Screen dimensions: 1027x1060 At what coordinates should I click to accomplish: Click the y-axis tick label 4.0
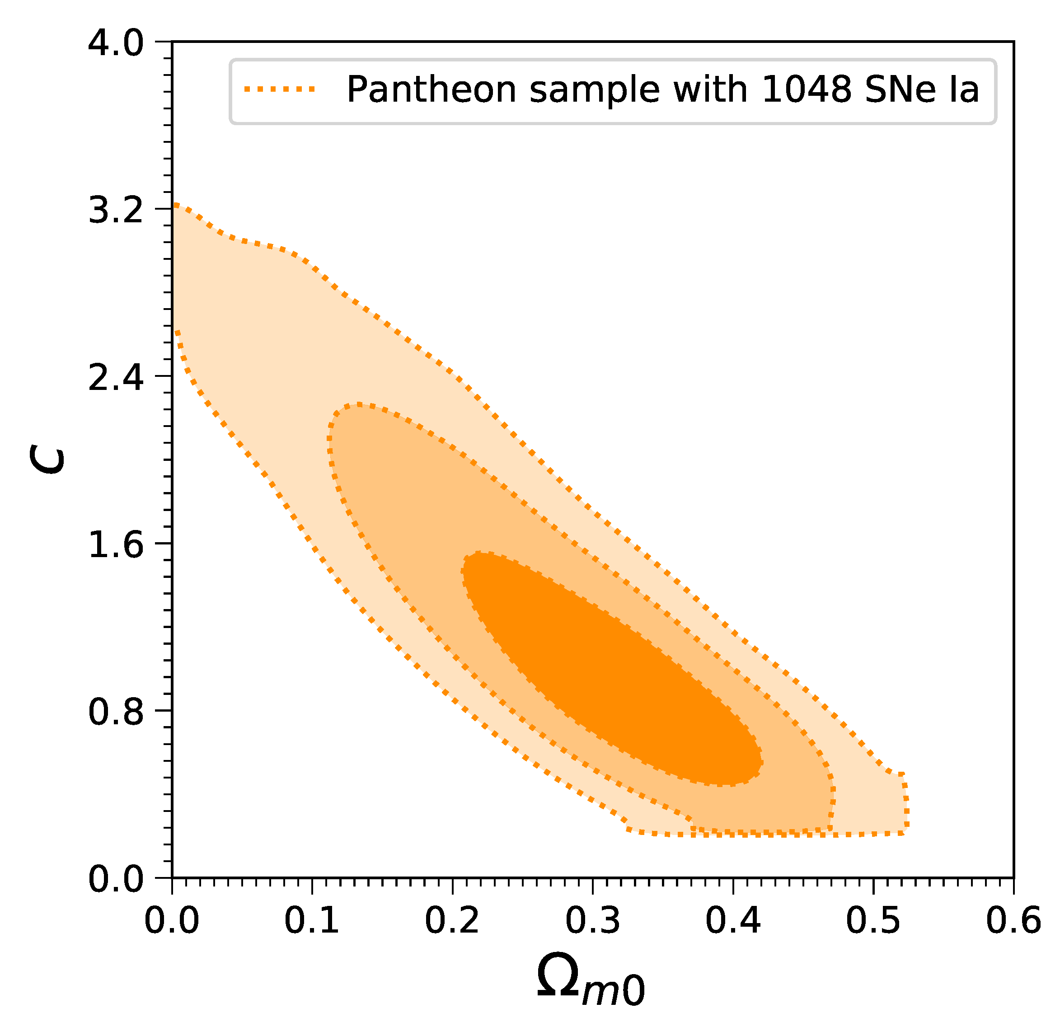pyautogui.click(x=116, y=43)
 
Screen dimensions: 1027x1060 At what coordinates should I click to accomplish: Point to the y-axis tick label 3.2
pyautogui.click(x=116, y=210)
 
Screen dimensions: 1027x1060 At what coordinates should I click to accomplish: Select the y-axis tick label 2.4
pyautogui.click(x=116, y=377)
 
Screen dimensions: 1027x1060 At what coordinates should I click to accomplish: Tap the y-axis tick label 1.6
pyautogui.click(x=116, y=544)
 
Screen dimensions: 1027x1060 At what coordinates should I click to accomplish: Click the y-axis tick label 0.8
pyautogui.click(x=116, y=711)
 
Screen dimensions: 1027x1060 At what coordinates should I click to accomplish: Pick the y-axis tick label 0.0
pyautogui.click(x=116, y=879)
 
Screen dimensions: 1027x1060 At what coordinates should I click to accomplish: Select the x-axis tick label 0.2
pyautogui.click(x=452, y=920)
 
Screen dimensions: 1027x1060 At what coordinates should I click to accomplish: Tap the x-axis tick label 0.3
pyautogui.click(x=592, y=920)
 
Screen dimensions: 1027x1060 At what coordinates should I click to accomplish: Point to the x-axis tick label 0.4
pyautogui.click(x=733, y=920)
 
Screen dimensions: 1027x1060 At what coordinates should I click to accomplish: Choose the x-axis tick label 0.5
pyautogui.click(x=873, y=920)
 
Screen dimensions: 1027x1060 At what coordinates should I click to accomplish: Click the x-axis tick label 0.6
pyautogui.click(x=1013, y=920)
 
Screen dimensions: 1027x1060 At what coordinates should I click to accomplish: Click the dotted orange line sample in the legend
pyautogui.click(x=279, y=89)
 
